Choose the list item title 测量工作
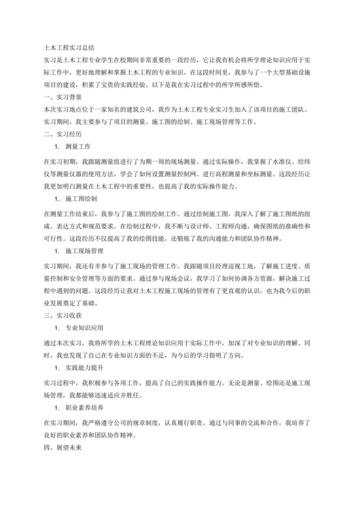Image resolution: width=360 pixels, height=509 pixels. [x=78, y=147]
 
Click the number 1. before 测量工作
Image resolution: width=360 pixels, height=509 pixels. [x=58, y=147]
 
